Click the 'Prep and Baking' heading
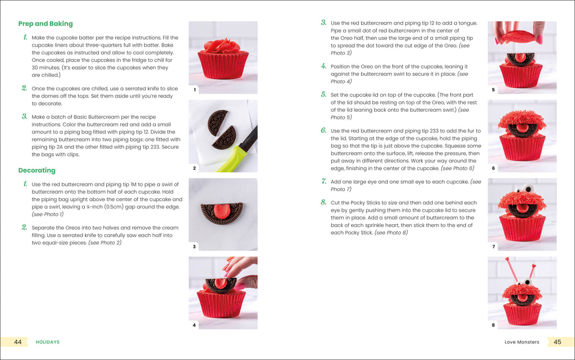(45, 24)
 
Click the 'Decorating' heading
(36, 170)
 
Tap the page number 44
(18, 341)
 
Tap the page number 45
(557, 341)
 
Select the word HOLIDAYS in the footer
(48, 342)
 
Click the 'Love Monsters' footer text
(522, 342)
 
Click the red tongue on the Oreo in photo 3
(223, 211)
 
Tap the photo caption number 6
(493, 168)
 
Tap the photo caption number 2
(194, 168)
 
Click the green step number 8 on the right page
(323, 203)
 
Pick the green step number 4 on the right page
(323, 66)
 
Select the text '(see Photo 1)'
(48, 214)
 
